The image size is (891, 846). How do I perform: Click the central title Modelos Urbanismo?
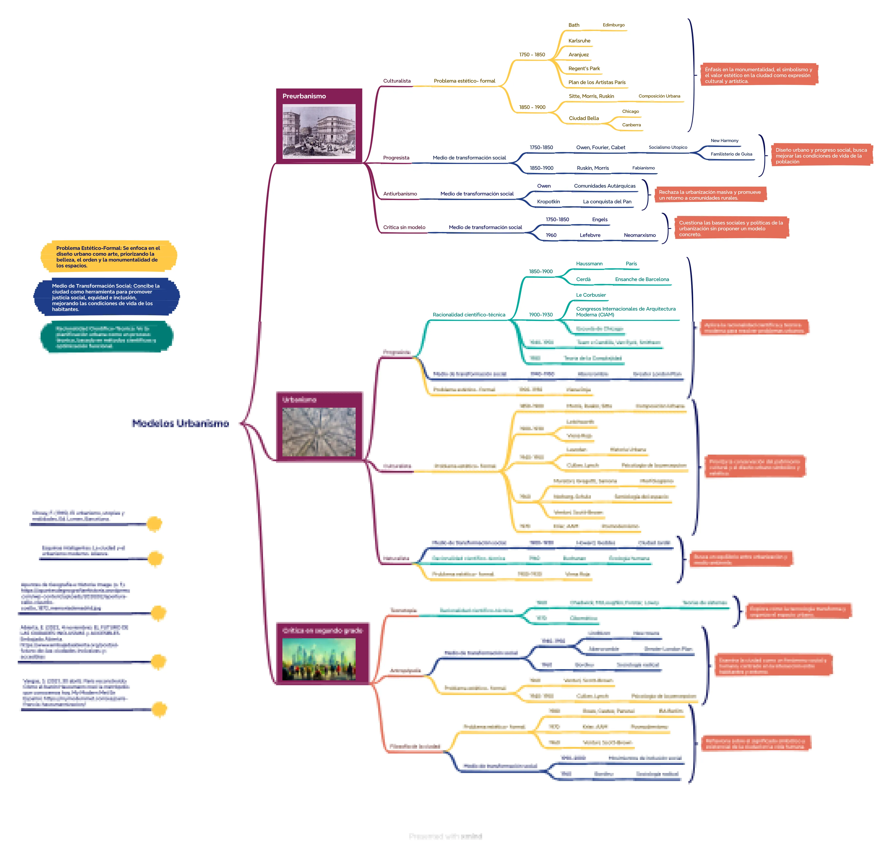(180, 423)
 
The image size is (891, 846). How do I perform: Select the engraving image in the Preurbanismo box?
(319, 131)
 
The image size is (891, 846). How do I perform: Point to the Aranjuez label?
(578, 54)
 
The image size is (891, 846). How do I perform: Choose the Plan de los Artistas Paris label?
(597, 82)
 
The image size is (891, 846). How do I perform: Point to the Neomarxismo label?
(639, 235)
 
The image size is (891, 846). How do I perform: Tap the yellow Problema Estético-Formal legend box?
(108, 257)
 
